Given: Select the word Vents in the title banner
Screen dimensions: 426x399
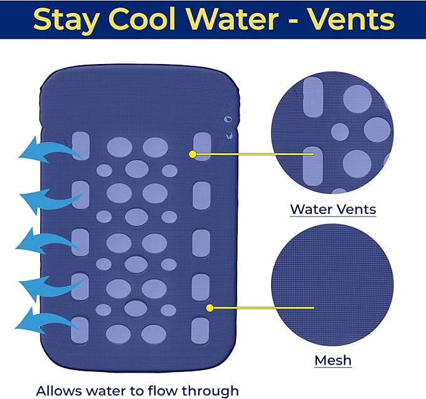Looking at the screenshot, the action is (352, 19).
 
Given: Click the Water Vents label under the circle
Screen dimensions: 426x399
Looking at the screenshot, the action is (333, 210).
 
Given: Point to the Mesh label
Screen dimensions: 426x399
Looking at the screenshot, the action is (333, 361).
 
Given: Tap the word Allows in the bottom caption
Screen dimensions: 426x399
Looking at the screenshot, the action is (59, 391).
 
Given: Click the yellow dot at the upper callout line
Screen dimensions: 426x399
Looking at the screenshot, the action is (193, 154).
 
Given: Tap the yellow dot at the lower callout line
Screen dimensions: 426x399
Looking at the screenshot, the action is (210, 308).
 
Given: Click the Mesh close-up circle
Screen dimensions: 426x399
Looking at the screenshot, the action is (333, 285).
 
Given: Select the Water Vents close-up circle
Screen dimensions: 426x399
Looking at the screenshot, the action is (333, 132).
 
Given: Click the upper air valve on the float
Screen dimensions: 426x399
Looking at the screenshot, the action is (228, 119).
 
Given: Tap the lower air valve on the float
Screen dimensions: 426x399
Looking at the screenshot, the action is (230, 135).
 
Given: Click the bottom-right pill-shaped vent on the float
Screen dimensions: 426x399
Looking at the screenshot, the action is (200, 331).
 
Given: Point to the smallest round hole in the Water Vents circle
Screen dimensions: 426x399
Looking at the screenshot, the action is (340, 132).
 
